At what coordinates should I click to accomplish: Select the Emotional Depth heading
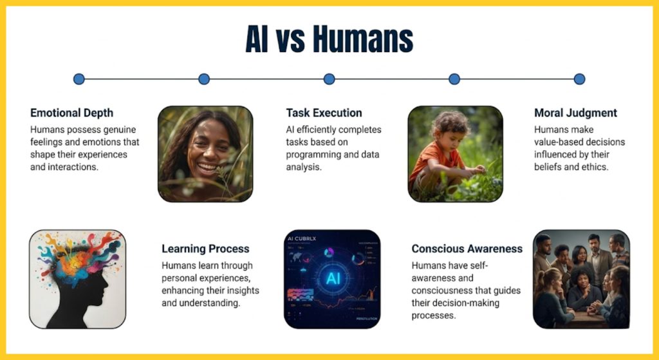click(x=72, y=113)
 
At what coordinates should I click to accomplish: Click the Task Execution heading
click(x=324, y=113)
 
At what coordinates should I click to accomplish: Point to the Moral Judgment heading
click(x=575, y=113)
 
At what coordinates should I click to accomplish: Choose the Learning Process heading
click(x=205, y=249)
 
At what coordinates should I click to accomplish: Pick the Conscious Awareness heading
click(x=467, y=249)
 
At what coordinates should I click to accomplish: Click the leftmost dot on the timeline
click(x=79, y=79)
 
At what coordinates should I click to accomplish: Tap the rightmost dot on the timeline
click(x=579, y=79)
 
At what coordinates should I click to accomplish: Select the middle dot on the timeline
click(x=329, y=79)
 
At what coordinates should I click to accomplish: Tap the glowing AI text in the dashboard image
click(x=333, y=278)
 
